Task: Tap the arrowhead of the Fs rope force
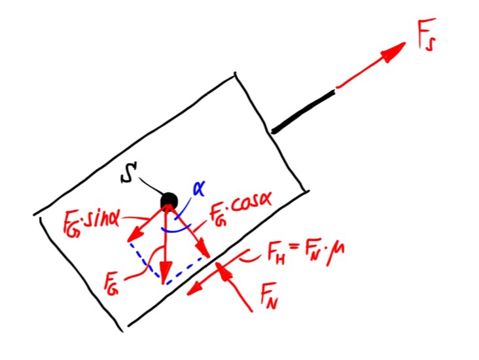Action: pos(393,52)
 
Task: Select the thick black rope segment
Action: pos(303,112)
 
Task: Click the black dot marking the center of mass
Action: pos(169,201)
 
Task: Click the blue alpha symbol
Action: pos(199,189)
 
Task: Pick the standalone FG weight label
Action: pos(111,283)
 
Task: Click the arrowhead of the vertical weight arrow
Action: pos(166,272)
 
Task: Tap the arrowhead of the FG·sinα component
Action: pos(135,236)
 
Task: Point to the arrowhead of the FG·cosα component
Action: pos(203,249)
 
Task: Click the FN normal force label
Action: pos(269,296)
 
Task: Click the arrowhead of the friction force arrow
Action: pos(195,289)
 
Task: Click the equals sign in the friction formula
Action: pos(293,247)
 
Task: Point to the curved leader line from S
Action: pos(151,187)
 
